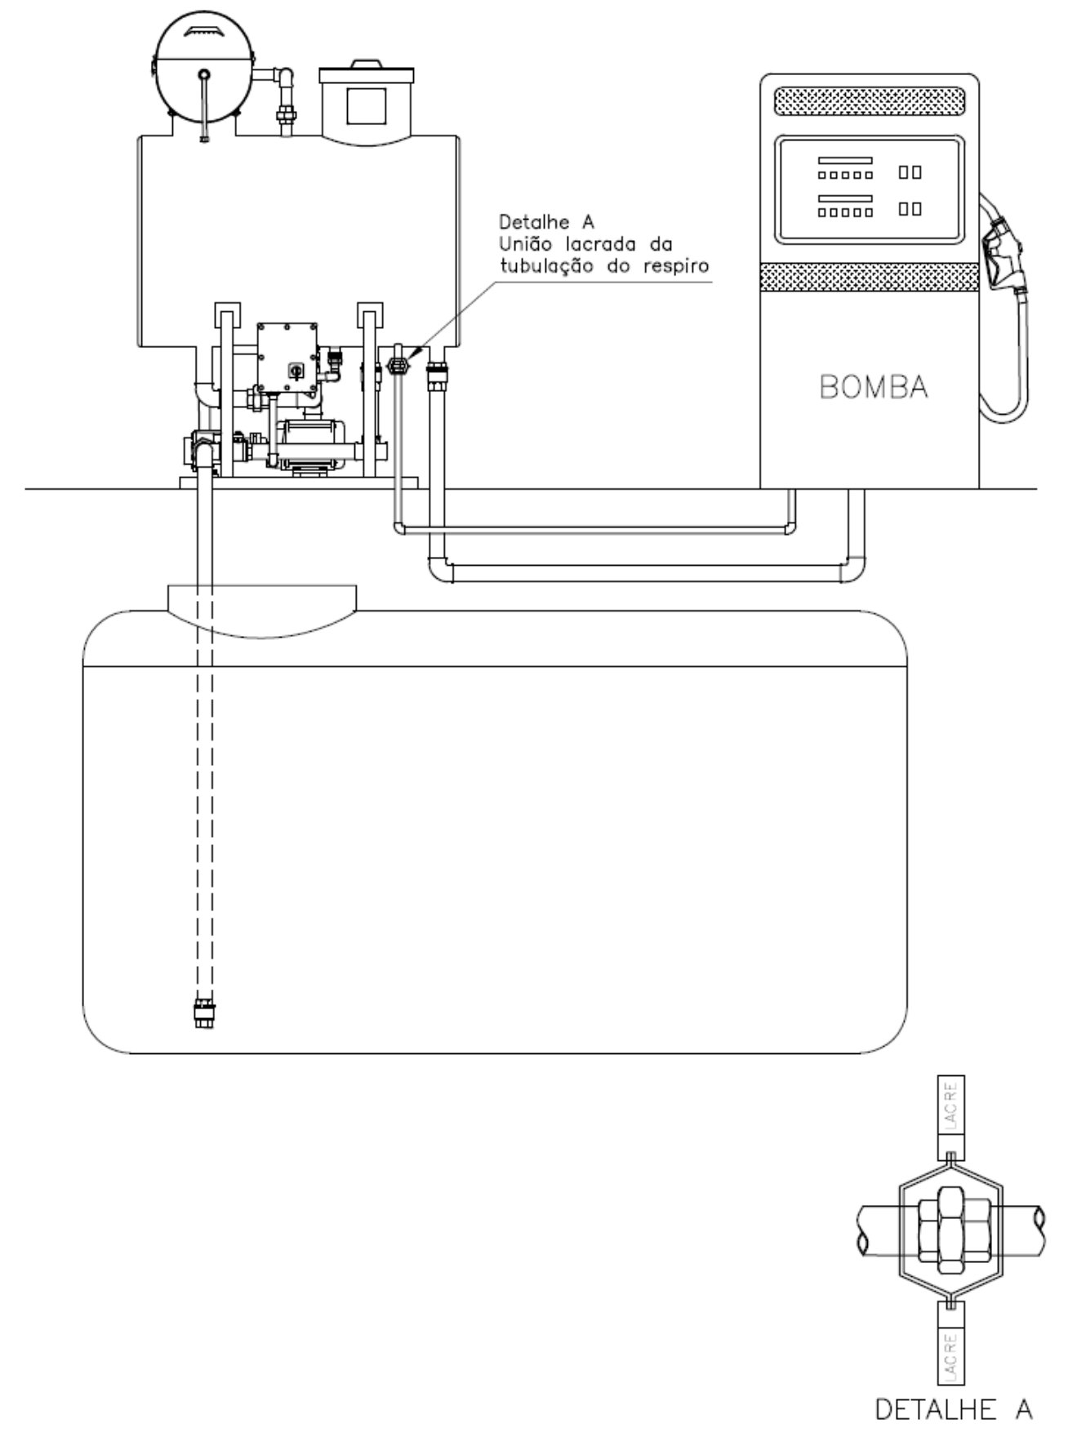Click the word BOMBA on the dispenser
point(873,387)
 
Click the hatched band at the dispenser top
point(870,102)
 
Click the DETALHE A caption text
point(953,1409)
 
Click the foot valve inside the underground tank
point(204,1012)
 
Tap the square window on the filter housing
point(366,105)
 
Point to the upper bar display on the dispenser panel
point(846,161)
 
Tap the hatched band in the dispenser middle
point(870,276)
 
